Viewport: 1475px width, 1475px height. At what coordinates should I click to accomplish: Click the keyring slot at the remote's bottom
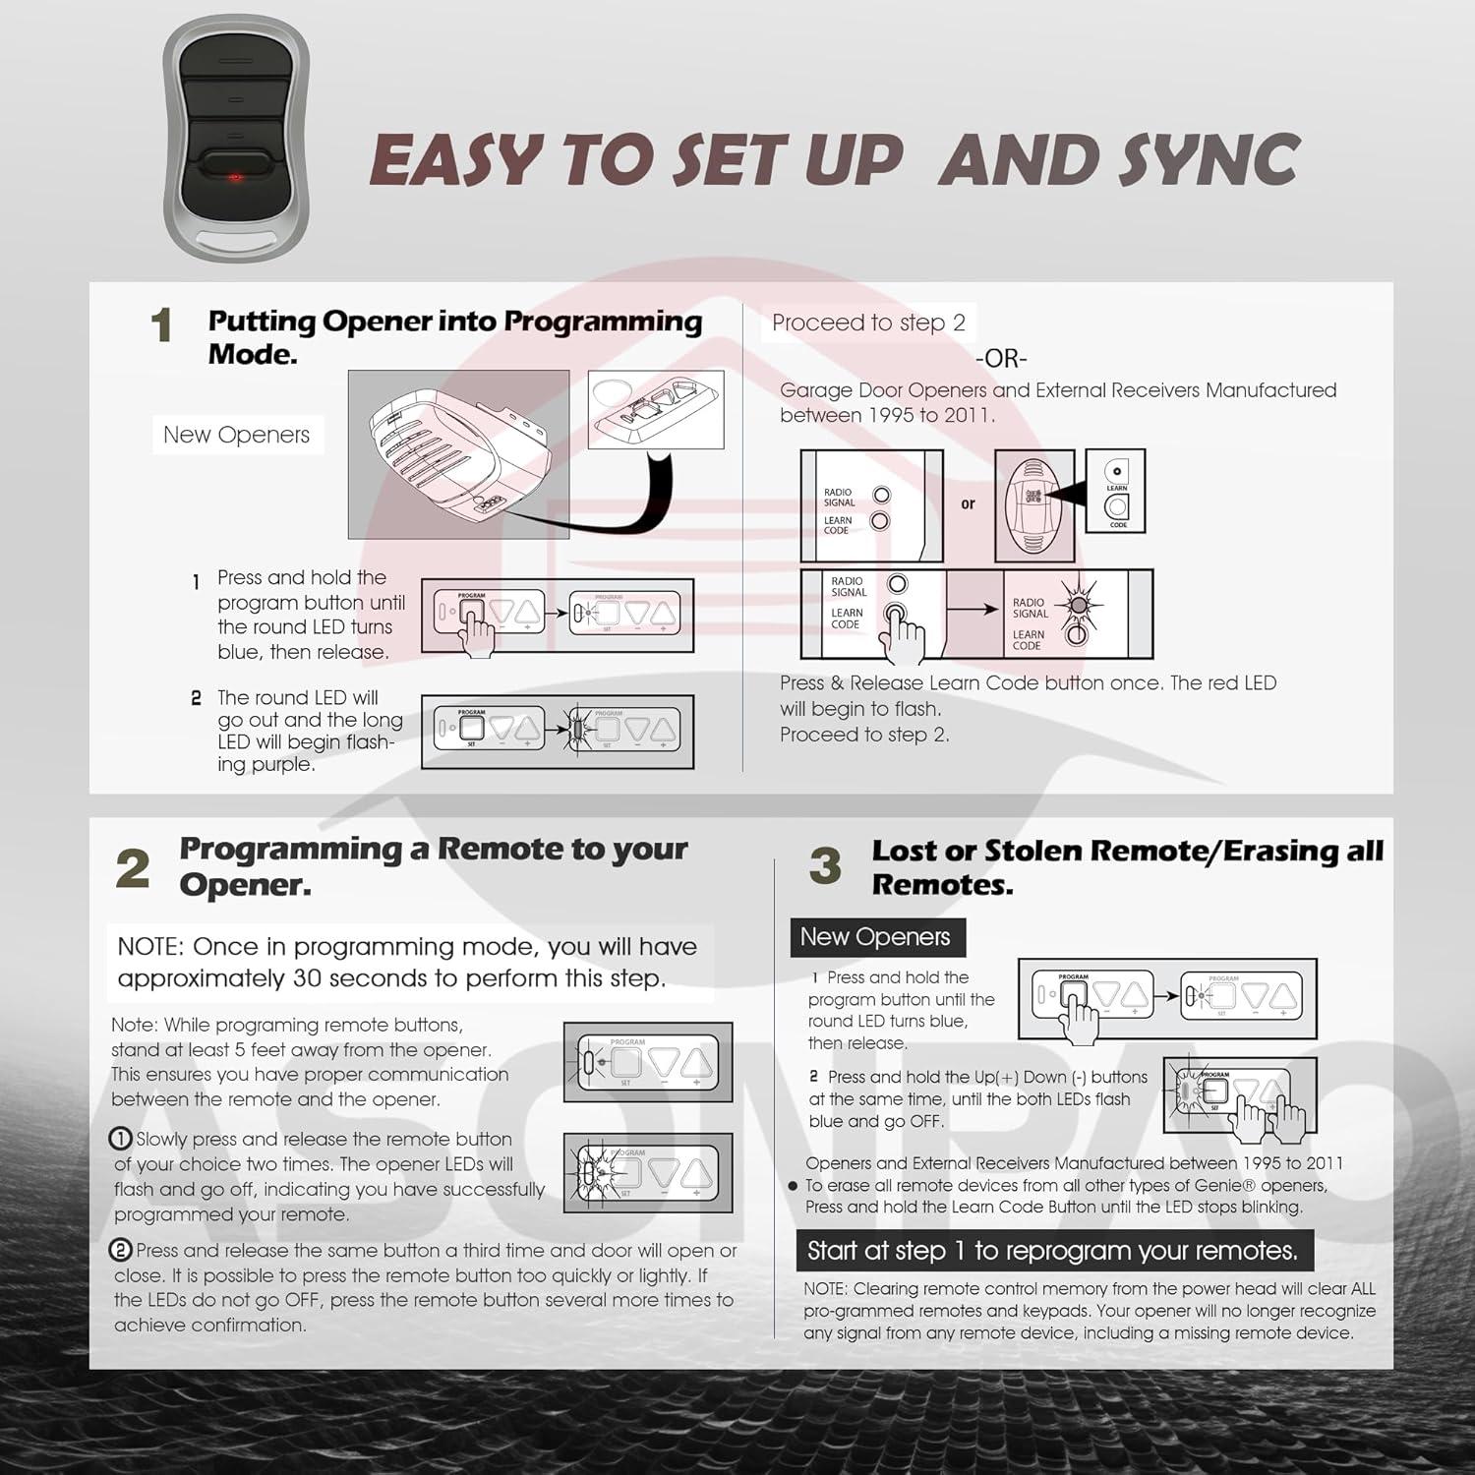pyautogui.click(x=236, y=240)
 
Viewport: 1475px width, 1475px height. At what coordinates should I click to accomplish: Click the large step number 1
pyautogui.click(x=162, y=326)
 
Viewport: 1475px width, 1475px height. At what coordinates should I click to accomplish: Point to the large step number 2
pyautogui.click(x=133, y=869)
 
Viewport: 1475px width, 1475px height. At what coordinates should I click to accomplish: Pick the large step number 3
pyautogui.click(x=826, y=866)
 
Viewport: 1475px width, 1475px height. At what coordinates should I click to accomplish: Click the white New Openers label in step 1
pyautogui.click(x=236, y=435)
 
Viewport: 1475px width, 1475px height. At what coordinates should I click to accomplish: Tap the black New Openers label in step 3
pyautogui.click(x=875, y=937)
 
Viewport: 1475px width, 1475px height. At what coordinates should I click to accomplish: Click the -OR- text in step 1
pyautogui.click(x=1001, y=359)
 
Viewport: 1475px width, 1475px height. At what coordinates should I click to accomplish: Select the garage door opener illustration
pyautogui.click(x=458, y=454)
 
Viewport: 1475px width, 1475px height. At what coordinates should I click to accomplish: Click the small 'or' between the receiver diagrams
pyautogui.click(x=968, y=504)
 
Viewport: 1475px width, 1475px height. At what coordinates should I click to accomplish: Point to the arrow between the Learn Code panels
pyautogui.click(x=976, y=610)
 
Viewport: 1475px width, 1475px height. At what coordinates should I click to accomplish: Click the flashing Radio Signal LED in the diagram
pyautogui.click(x=1078, y=603)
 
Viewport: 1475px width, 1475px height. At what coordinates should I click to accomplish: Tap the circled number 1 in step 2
pyautogui.click(x=120, y=1139)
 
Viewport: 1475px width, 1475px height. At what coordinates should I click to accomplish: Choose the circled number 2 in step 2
pyautogui.click(x=120, y=1251)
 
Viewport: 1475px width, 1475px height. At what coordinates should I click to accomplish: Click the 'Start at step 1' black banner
pyautogui.click(x=1052, y=1251)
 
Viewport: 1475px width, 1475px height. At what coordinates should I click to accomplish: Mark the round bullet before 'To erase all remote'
pyautogui.click(x=793, y=1186)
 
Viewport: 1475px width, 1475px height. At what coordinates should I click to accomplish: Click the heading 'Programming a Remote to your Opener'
pyautogui.click(x=433, y=865)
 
